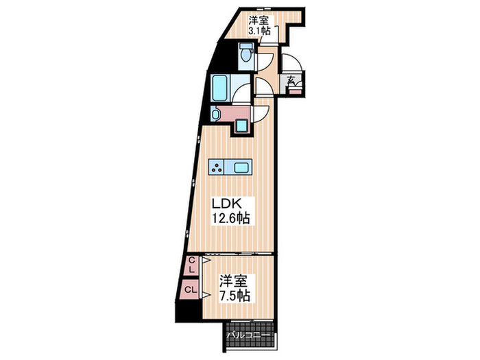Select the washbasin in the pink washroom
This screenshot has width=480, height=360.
[x=216, y=114]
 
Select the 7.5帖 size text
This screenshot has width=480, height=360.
[x=235, y=296]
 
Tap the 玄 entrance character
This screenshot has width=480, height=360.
[x=291, y=80]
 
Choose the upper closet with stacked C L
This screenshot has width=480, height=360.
[x=192, y=265]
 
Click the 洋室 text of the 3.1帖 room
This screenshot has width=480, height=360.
[x=258, y=19]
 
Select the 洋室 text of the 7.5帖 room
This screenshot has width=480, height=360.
[x=235, y=282]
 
